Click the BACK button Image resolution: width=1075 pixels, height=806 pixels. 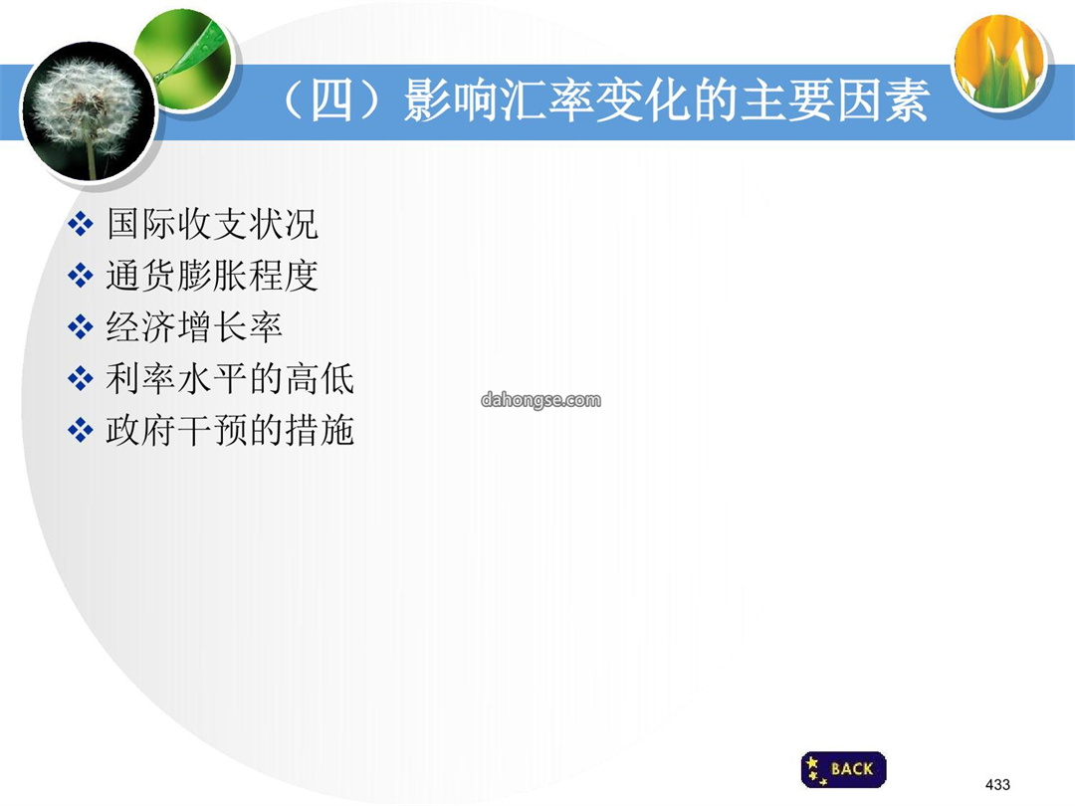(x=843, y=769)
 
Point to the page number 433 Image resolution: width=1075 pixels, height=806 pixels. (x=997, y=785)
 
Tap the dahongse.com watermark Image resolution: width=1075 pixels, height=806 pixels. (x=540, y=400)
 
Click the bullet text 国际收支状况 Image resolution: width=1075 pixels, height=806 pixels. (x=212, y=224)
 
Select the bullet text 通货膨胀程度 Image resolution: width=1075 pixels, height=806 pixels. (x=212, y=276)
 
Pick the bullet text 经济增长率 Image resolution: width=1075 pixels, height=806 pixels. (x=194, y=327)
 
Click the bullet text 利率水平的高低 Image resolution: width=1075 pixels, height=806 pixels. (x=230, y=379)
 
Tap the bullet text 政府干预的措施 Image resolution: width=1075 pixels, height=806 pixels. (x=230, y=431)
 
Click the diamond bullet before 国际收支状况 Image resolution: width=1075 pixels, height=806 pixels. (x=81, y=224)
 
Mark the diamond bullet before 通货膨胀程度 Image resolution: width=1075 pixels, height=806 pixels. (x=81, y=276)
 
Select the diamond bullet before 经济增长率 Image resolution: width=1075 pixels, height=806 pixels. (x=81, y=327)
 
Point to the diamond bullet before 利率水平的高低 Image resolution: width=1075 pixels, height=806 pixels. (x=81, y=378)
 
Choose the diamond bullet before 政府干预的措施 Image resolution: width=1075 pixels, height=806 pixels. (x=81, y=431)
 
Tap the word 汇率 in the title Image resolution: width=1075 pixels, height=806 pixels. (x=546, y=101)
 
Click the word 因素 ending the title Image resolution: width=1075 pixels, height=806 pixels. (x=883, y=101)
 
